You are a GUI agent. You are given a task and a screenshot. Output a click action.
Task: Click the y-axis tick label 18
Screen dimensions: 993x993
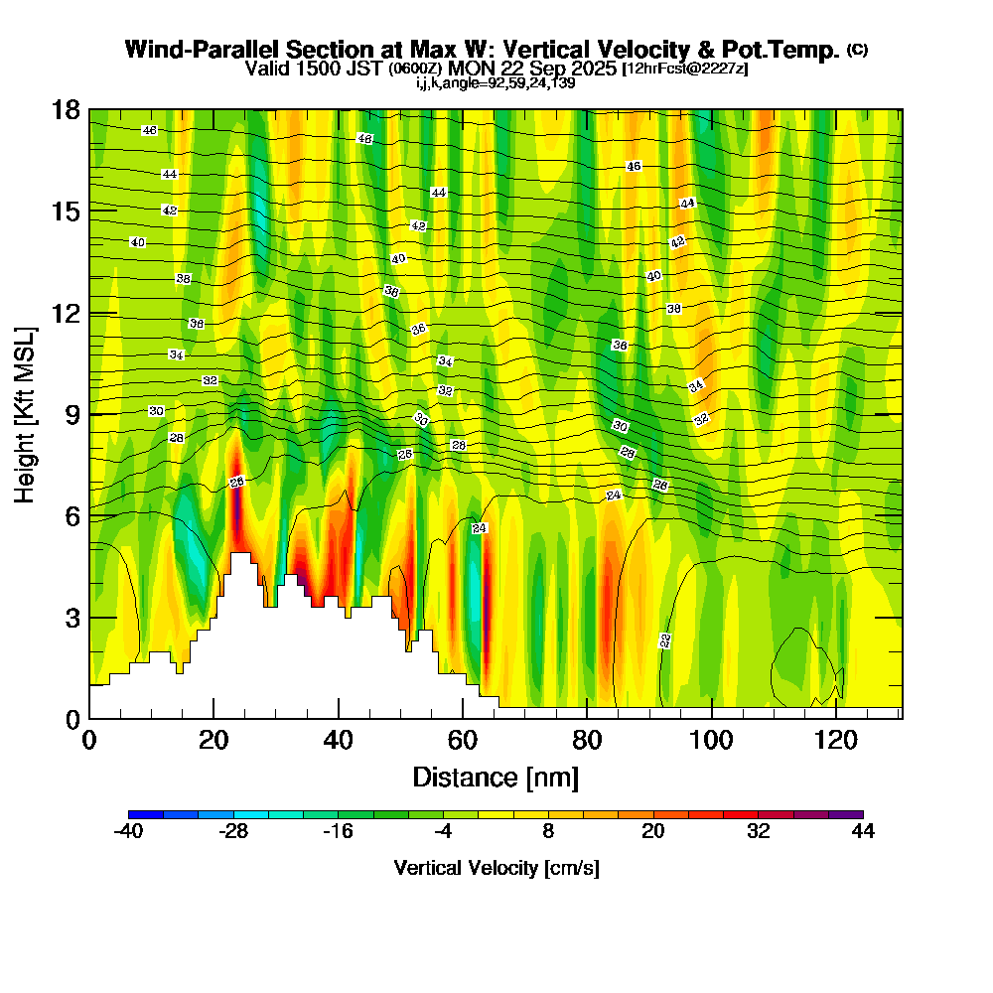66,109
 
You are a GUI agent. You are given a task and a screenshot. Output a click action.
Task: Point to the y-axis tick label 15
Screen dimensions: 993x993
66,212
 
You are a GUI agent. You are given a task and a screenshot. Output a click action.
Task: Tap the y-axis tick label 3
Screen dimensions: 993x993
72,618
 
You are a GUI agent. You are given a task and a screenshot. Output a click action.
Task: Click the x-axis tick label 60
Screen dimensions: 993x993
463,740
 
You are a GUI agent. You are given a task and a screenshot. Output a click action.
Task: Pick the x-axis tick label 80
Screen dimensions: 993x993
587,740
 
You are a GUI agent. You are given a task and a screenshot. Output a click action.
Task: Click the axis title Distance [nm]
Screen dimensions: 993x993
496,777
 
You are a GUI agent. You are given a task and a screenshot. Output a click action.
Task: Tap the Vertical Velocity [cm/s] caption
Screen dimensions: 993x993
496,868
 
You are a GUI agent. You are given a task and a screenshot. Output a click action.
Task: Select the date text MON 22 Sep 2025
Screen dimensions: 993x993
533,69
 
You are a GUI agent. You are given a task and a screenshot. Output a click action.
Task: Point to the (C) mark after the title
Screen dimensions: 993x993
857,50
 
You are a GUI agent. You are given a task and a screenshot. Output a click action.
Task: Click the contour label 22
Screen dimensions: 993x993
665,640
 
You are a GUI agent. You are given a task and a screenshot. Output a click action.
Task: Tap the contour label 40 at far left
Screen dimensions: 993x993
137,242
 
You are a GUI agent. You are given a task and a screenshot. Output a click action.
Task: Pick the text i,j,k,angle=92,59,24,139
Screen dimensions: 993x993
496,82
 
